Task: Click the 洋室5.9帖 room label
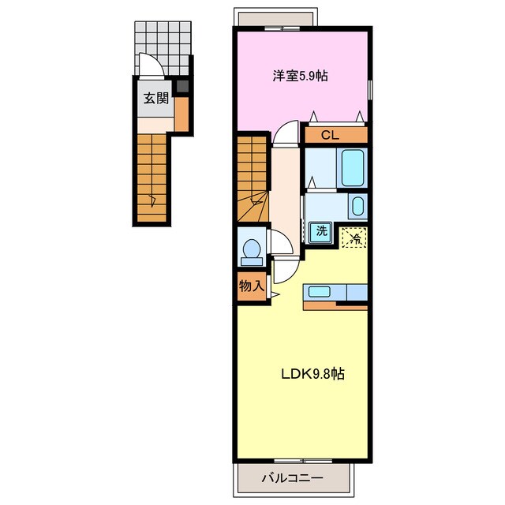pos(300,76)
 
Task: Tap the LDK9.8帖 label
pos(312,374)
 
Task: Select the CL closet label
pos(330,135)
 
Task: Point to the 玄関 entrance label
pos(156,98)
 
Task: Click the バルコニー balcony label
pos(292,477)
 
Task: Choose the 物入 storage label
pos(252,286)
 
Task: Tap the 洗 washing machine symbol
pos(321,232)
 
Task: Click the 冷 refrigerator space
pos(354,238)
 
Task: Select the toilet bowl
pos(252,252)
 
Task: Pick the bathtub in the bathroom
pos(353,168)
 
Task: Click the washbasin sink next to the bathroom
pos(357,206)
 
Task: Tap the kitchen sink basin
pos(319,292)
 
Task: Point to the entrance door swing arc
pos(151,65)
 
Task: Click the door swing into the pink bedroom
pos(286,132)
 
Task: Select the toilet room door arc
pos(282,241)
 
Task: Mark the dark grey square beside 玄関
pos(182,86)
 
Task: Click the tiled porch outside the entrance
pos(163,48)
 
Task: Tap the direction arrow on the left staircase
pos(152,201)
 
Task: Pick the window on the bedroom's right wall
pos(370,90)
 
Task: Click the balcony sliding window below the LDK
pos(303,462)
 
